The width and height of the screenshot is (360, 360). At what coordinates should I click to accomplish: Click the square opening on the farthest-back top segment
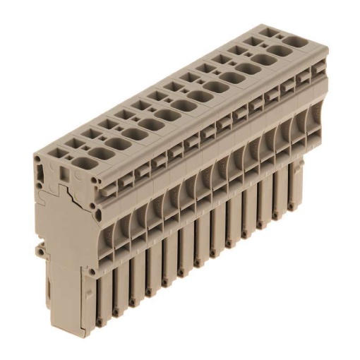tap(268, 32)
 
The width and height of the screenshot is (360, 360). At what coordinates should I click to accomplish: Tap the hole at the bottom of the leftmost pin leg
tap(100, 323)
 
